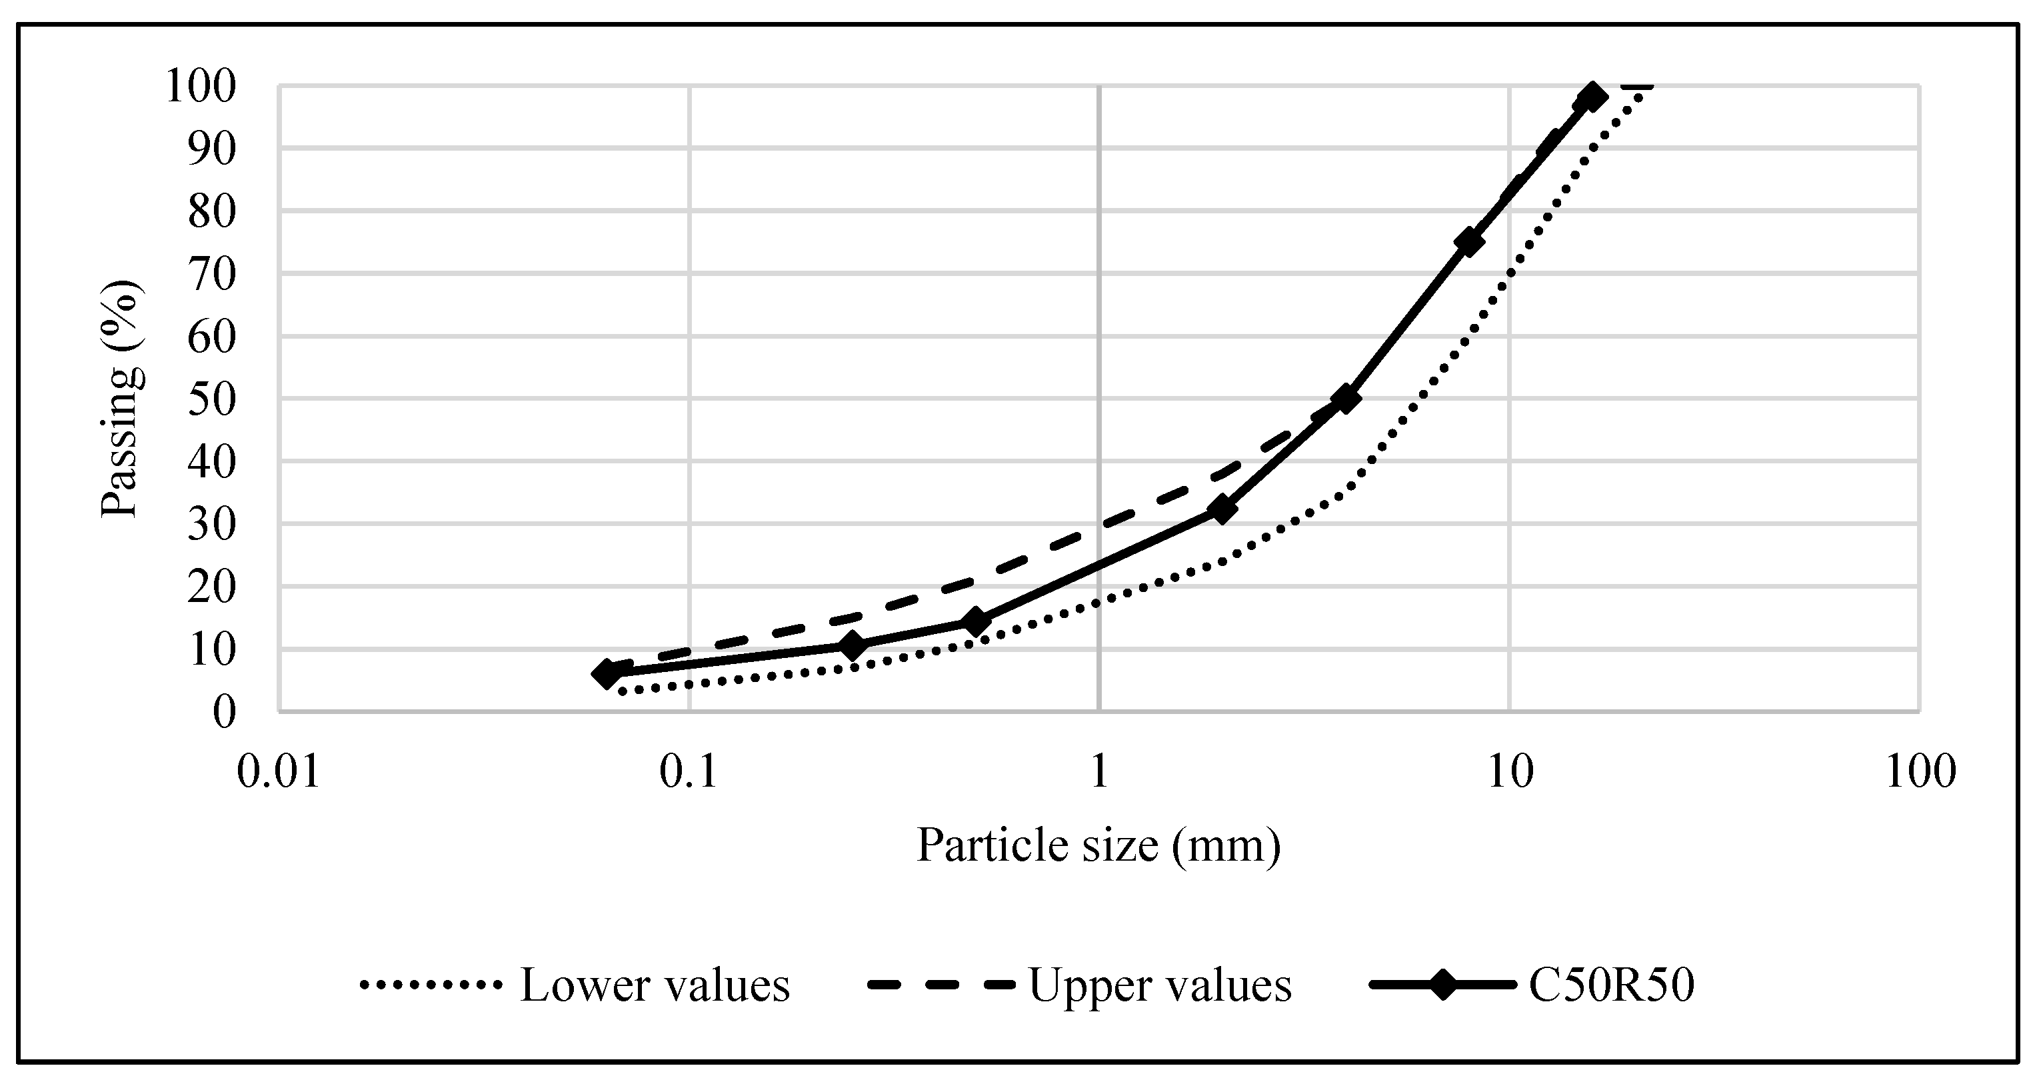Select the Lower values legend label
coord(655,986)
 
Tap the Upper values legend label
coord(1160,986)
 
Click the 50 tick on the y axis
coord(211,400)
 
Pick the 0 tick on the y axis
coord(224,713)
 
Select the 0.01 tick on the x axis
coord(279,772)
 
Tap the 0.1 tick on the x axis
coord(689,772)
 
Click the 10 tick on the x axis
coord(1510,772)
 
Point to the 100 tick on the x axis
coord(1920,772)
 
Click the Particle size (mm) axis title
coord(1098,845)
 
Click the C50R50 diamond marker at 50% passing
coord(1346,399)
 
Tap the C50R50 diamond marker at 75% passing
coord(1469,242)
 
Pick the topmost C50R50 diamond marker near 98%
coord(1592,97)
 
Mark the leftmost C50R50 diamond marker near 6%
coord(607,675)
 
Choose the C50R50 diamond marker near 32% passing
coord(1222,510)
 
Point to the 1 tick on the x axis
coord(1098,772)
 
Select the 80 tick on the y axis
coord(211,211)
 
